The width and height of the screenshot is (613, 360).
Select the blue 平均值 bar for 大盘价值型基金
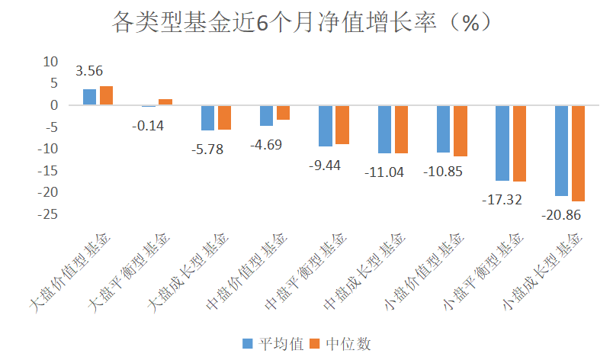point(90,97)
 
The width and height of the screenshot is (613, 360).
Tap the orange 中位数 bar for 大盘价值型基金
point(106,95)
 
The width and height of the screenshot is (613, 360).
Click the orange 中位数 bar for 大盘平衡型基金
point(165,102)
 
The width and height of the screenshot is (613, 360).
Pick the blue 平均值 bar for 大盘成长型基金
point(207,118)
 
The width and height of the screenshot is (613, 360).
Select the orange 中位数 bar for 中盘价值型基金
point(283,113)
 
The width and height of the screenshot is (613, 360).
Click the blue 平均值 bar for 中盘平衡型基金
point(326,126)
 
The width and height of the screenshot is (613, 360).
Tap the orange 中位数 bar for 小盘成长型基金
point(578,153)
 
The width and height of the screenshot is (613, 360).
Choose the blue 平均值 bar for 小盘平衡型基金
point(502,143)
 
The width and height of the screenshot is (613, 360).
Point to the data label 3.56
point(89,72)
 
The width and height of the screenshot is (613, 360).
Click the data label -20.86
point(561,215)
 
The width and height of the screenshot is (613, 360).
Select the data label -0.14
point(148,125)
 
